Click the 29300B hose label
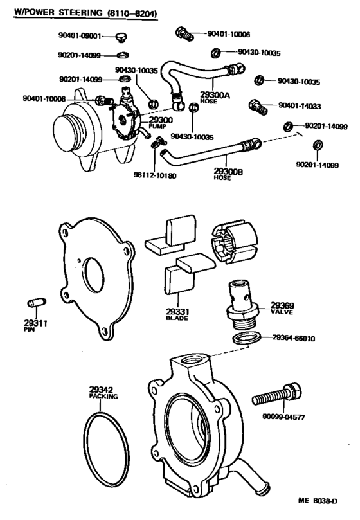tap(228, 174)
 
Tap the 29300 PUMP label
tap(161, 122)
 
